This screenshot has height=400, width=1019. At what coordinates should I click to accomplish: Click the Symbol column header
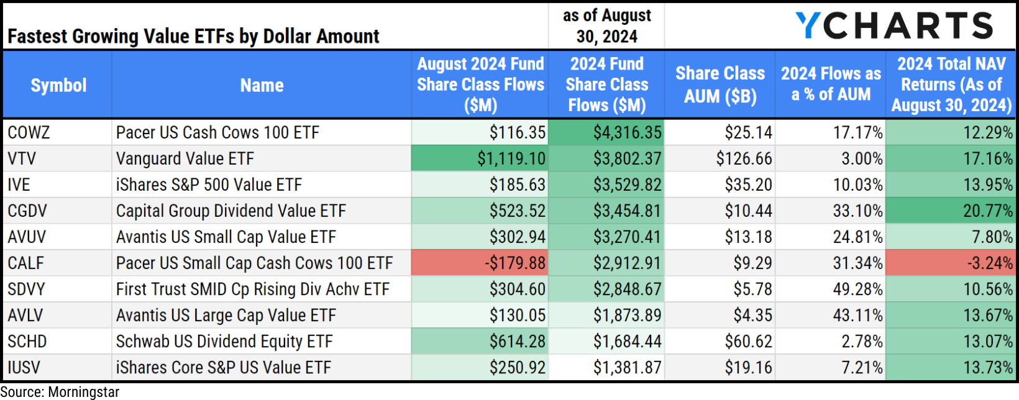click(x=58, y=85)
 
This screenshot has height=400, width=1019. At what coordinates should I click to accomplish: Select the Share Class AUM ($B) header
click(x=720, y=84)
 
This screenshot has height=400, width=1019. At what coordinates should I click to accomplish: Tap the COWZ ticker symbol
click(x=29, y=132)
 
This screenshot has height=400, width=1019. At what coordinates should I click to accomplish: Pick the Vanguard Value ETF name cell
click(x=185, y=158)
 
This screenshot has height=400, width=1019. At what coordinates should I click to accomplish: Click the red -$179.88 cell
click(x=515, y=263)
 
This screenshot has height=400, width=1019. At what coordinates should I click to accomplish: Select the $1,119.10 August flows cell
click(x=511, y=159)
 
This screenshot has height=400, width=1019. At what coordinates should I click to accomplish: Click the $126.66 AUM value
click(x=744, y=159)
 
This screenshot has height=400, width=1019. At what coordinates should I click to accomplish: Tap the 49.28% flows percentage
click(x=857, y=289)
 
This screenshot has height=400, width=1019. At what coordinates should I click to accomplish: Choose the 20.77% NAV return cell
click(x=988, y=211)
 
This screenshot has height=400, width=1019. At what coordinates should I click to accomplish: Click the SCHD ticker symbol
click(x=27, y=342)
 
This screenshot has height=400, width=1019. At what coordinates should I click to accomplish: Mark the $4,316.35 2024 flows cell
click(x=627, y=133)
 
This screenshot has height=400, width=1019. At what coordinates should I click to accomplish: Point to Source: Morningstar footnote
click(x=60, y=392)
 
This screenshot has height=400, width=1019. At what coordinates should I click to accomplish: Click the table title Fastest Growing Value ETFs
click(x=193, y=37)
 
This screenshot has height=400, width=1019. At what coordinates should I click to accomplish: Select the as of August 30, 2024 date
click(x=606, y=26)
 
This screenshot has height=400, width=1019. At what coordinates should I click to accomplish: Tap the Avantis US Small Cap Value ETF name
click(x=226, y=237)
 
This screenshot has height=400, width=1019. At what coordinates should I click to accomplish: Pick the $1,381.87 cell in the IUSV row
click(x=627, y=368)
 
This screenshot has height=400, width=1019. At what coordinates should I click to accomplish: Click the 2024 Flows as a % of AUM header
click(x=831, y=84)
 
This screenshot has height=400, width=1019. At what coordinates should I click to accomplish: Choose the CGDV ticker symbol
click(x=27, y=211)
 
